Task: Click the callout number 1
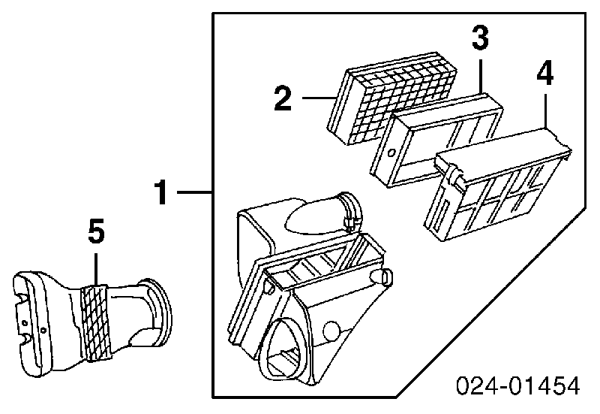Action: click(x=160, y=192)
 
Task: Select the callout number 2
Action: click(x=283, y=98)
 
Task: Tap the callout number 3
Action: click(x=480, y=37)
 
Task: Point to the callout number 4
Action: click(x=545, y=74)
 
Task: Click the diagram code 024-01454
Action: click(x=517, y=385)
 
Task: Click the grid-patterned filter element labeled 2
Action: click(x=392, y=98)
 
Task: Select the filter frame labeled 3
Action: click(x=436, y=140)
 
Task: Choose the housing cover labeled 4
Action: click(x=497, y=184)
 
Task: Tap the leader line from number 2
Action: click(x=318, y=98)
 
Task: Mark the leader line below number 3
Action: click(x=481, y=75)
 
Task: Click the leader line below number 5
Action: click(x=96, y=268)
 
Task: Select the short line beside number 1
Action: click(x=195, y=192)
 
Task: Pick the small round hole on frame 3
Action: click(x=391, y=153)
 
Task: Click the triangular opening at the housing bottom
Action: click(x=283, y=349)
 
